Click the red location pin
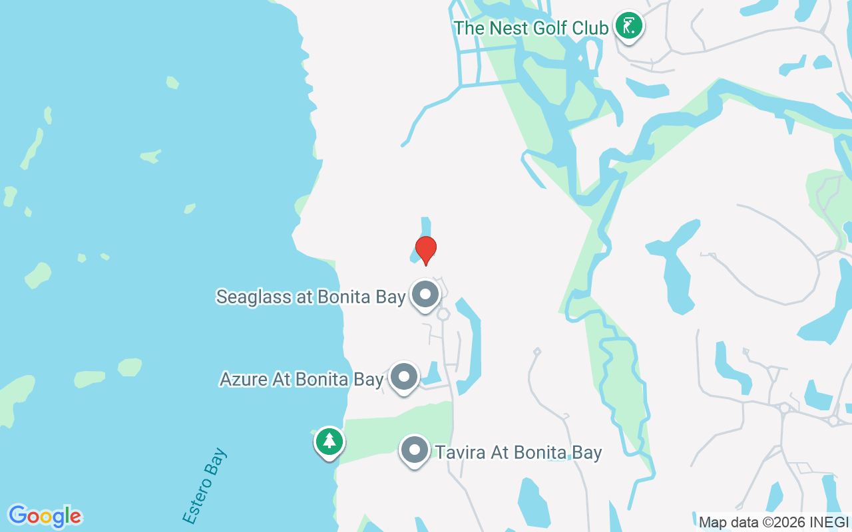point(426,250)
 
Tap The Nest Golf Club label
point(531,28)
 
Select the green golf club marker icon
point(628,27)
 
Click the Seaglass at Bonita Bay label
point(311,297)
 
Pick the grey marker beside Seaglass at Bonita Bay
point(425,294)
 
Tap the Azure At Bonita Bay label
point(302,379)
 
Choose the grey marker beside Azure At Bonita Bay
point(403,376)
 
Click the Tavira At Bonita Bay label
point(519,453)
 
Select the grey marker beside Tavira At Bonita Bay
point(414,450)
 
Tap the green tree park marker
point(329,441)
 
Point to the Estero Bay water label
point(204,486)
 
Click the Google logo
point(45,516)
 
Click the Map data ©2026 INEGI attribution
point(773,522)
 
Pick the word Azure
point(242,379)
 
